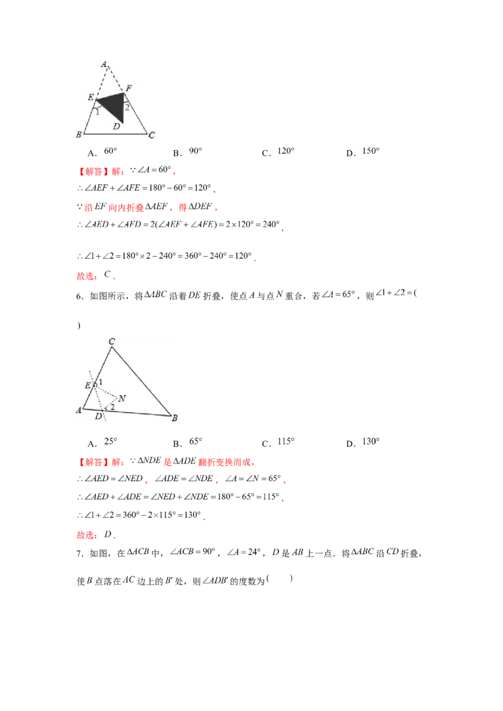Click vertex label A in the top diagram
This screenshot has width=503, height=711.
pos(104,63)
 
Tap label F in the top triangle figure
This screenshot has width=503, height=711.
pos(128,89)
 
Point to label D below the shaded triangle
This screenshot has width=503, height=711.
pos(116,126)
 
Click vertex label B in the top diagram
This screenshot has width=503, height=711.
pos(79,134)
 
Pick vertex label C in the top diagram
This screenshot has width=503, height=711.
pos(152,134)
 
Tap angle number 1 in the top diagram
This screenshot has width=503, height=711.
pos(97,112)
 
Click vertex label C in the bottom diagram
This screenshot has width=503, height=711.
pos(111,341)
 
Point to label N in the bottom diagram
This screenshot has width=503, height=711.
pos(121,398)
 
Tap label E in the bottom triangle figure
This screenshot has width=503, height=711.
pos(87,385)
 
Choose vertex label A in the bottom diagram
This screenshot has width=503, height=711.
pos(79,410)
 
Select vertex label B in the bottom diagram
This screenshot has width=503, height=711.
pos(174,418)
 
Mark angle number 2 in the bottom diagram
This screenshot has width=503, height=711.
pos(112,408)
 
